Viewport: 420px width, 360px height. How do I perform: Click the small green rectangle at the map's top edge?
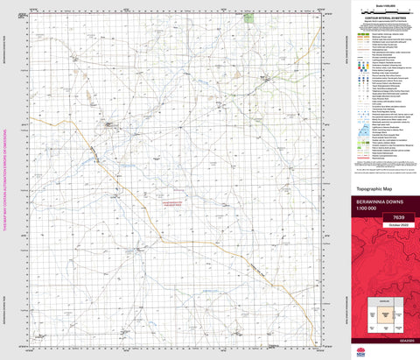click(x=249, y=17)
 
